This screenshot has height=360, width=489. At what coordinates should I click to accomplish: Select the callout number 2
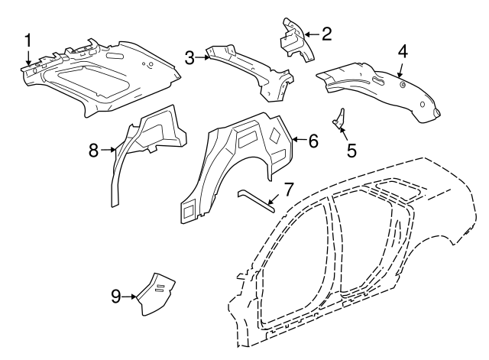click(326, 33)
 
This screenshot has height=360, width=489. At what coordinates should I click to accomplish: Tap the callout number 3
click(189, 57)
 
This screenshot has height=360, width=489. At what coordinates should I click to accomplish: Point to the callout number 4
click(403, 52)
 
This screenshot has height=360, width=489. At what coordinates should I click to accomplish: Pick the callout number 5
click(351, 150)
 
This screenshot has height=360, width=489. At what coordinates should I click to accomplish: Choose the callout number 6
click(313, 141)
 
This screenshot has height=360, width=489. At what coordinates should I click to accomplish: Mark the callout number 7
click(288, 188)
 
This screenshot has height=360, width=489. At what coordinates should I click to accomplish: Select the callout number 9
click(116, 296)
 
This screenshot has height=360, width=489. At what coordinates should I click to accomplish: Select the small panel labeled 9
click(155, 293)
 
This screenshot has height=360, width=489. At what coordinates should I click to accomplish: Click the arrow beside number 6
click(299, 140)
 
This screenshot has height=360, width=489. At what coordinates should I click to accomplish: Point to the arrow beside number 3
click(202, 57)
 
